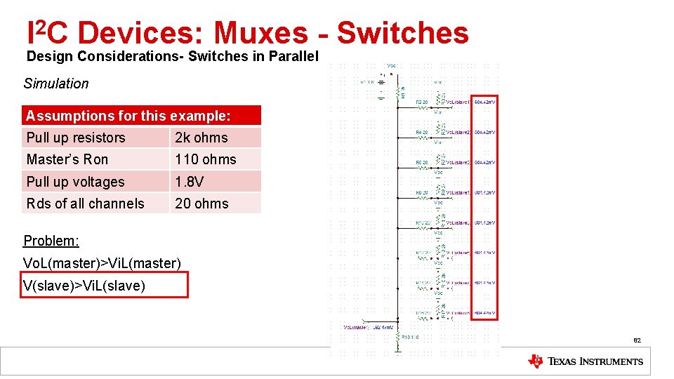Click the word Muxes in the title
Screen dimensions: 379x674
pyautogui.click(x=260, y=32)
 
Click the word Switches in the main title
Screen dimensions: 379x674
pyautogui.click(x=402, y=32)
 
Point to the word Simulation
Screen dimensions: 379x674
pyautogui.click(x=56, y=84)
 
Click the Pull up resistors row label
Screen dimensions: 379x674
pyautogui.click(x=76, y=138)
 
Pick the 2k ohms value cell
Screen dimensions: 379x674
pyautogui.click(x=201, y=138)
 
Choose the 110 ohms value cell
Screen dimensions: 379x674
pyautogui.click(x=206, y=159)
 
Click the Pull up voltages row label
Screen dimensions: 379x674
pyautogui.click(x=75, y=182)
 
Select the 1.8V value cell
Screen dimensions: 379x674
pyautogui.click(x=190, y=182)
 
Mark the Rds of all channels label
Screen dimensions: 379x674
pyautogui.click(x=85, y=204)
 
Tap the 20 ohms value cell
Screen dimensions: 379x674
pyautogui.click(x=202, y=204)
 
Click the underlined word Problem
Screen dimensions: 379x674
pyautogui.click(x=51, y=241)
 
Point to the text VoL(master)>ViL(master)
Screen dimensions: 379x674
pyautogui.click(x=103, y=263)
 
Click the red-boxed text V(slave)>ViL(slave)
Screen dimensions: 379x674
pyautogui.click(x=84, y=286)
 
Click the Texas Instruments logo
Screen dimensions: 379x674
pyautogui.click(x=585, y=361)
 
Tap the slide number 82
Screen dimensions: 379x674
pyautogui.click(x=637, y=341)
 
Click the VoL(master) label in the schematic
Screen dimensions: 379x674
pyautogui.click(x=357, y=327)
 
